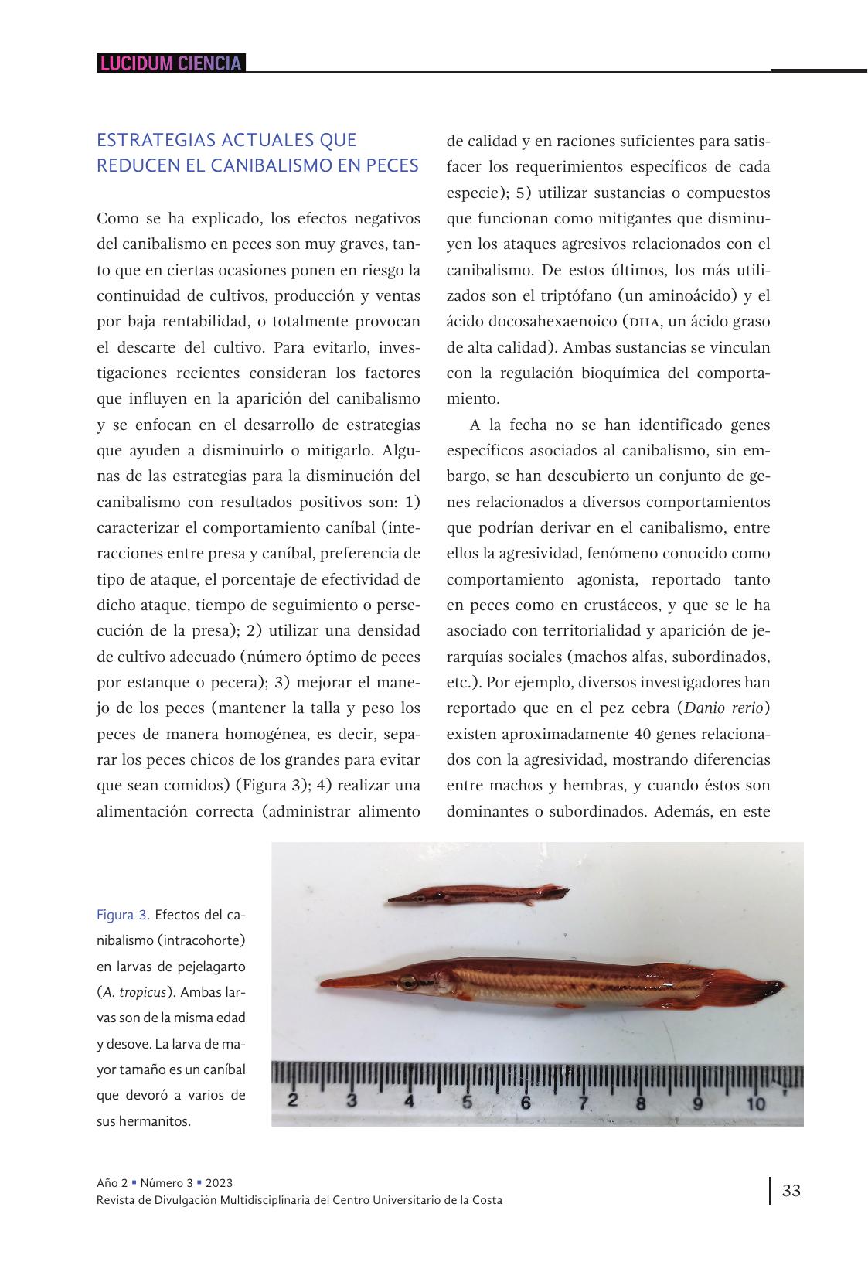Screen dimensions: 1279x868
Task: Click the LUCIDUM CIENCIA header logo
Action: pos(170,63)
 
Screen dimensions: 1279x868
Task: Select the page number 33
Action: pos(791,1190)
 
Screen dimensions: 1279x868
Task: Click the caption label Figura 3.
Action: pos(123,915)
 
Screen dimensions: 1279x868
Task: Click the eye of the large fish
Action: pos(407,983)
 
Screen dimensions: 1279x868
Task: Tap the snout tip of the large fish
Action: pos(323,984)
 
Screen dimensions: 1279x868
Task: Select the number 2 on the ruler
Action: pos(294,1101)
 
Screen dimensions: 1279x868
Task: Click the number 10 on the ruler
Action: pos(755,1103)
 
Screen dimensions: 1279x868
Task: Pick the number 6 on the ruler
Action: pos(526,1103)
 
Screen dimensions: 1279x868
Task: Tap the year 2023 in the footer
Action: pos(219,1183)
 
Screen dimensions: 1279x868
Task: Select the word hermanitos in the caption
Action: pos(155,1121)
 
